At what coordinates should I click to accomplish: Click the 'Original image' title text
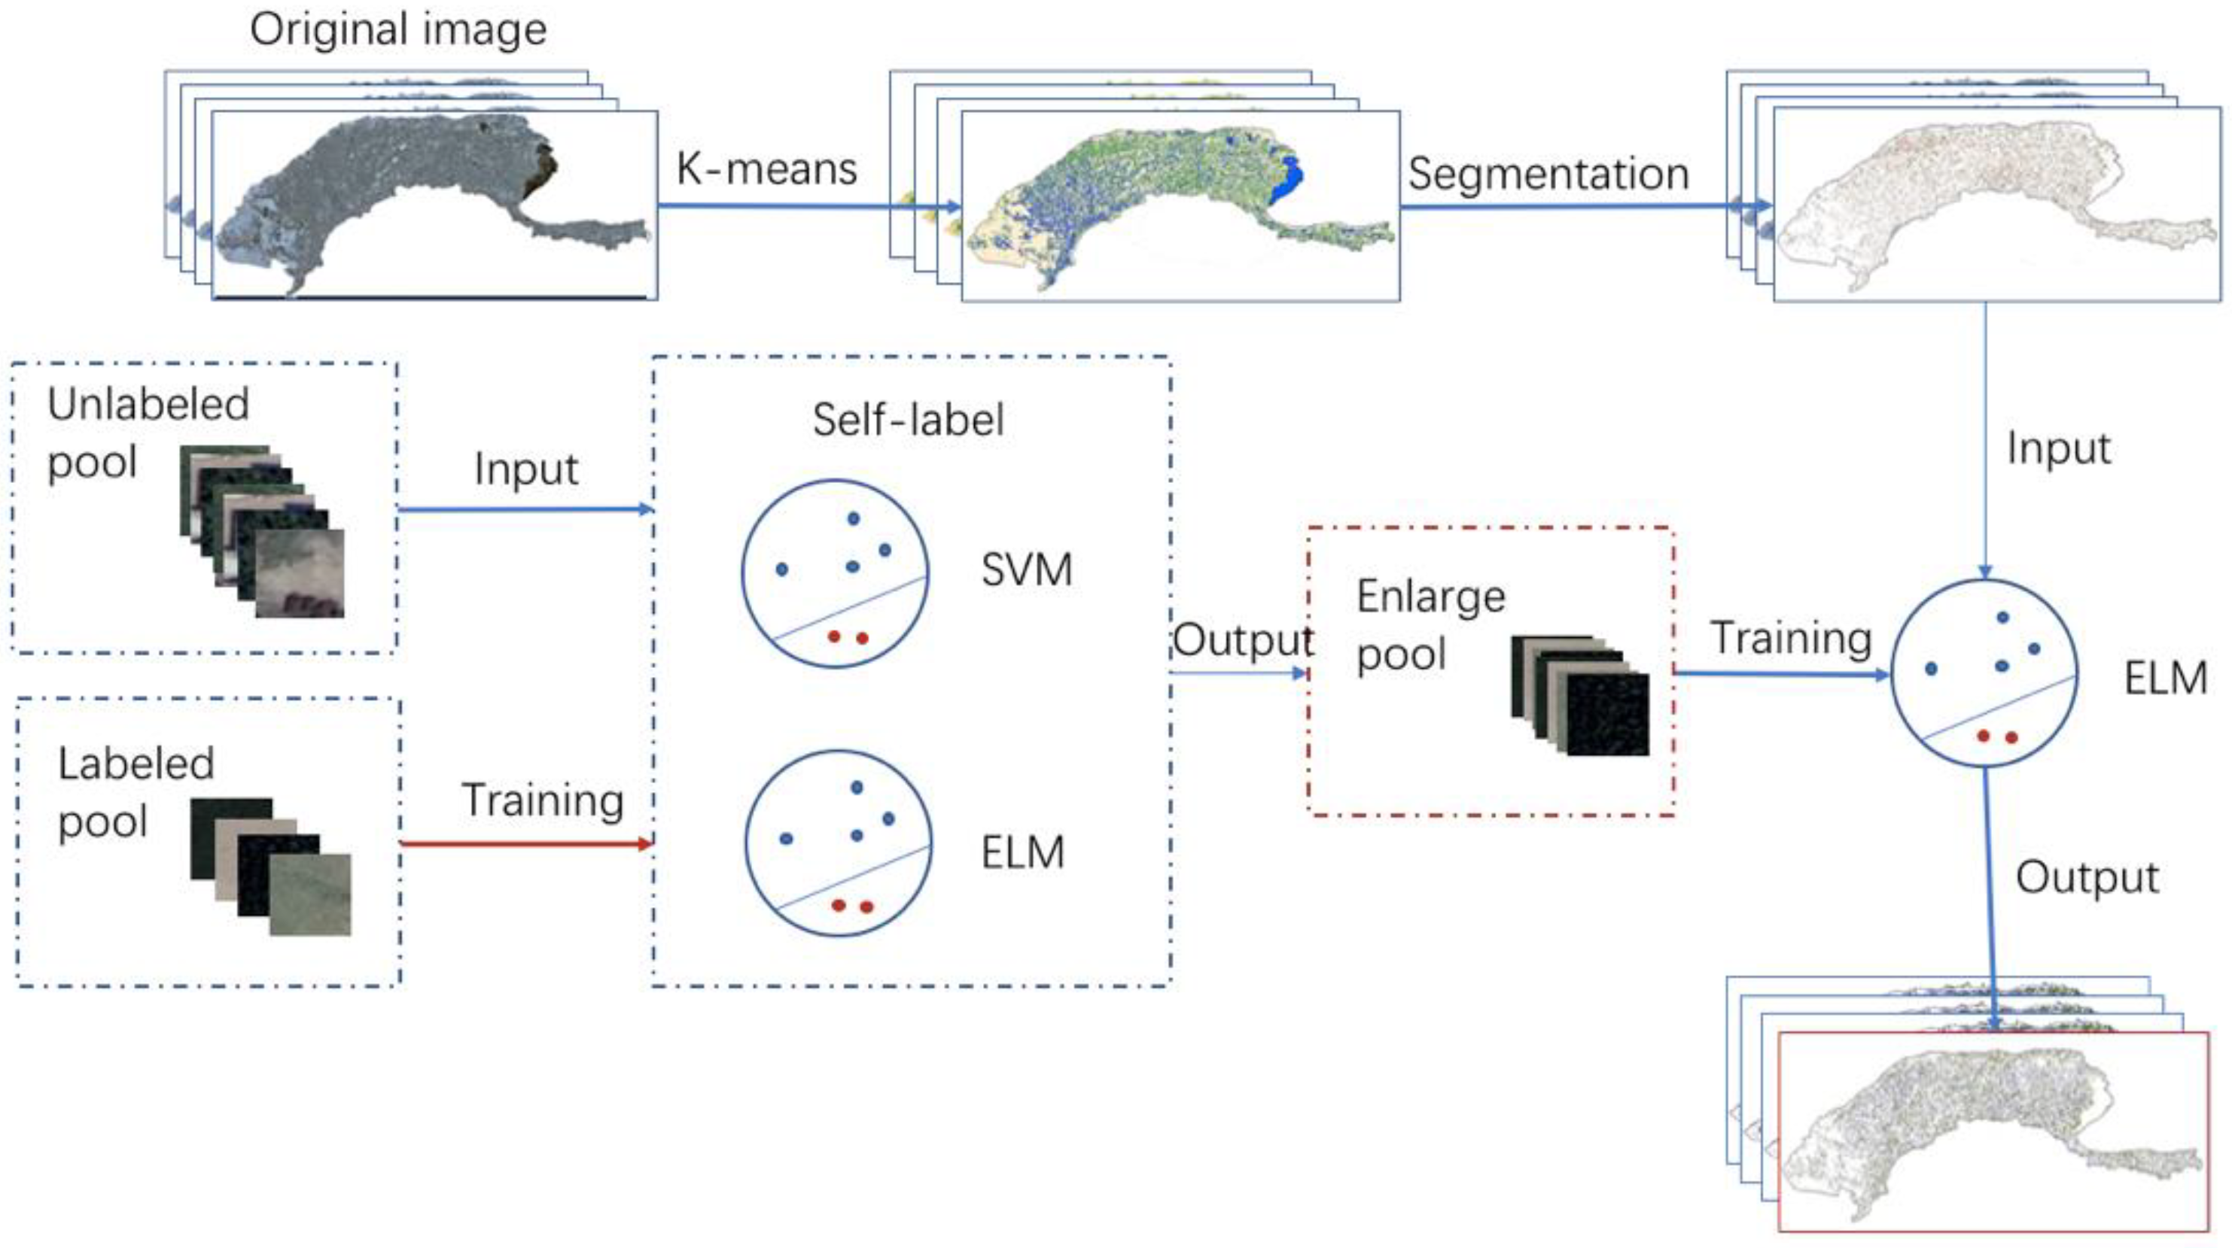[x=397, y=30]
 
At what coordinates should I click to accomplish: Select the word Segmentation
[x=1548, y=174]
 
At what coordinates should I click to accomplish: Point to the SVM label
[x=1027, y=571]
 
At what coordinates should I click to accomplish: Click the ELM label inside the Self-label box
[x=1022, y=853]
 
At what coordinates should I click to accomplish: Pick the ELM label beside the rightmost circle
[x=2164, y=678]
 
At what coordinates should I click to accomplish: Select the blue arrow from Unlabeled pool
[x=523, y=509]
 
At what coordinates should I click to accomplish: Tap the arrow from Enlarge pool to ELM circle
[x=1780, y=674]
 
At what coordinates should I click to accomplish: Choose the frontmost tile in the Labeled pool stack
[x=310, y=894]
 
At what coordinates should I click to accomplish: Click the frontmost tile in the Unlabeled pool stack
[x=300, y=573]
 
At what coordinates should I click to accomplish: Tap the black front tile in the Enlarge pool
[x=1607, y=715]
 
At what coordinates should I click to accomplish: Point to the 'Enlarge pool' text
[x=1430, y=624]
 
